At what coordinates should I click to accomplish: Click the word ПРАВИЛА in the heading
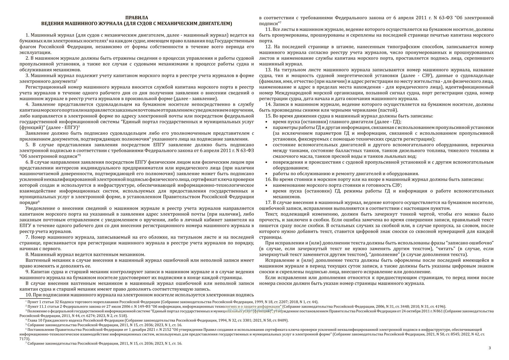click(136, 18)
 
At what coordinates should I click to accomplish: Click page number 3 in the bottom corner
click(490, 348)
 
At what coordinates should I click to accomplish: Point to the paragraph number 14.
click(268, 104)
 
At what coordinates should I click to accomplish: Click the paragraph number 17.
click(268, 202)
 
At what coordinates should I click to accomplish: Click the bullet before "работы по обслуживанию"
click(267, 174)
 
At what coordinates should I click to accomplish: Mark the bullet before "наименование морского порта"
click(267, 185)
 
